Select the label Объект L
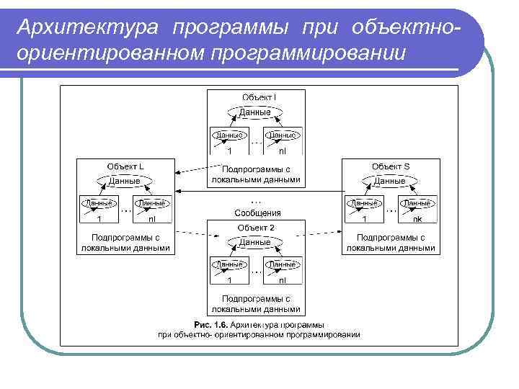125,166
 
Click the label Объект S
390,166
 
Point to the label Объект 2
256,228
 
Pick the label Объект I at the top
259,97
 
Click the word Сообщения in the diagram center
257,213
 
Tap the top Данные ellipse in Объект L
125,180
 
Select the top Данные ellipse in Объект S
390,180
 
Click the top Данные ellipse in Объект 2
255,242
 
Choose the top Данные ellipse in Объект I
255,112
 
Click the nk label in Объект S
417,218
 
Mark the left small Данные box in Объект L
99,204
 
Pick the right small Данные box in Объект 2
283,265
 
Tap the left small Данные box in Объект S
365,204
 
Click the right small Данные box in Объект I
283,135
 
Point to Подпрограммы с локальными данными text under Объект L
125,242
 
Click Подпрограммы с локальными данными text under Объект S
390,242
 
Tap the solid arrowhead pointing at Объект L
179,191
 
